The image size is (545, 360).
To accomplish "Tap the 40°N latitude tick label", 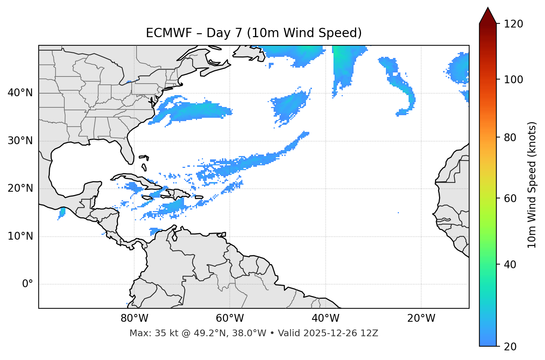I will click(20, 93).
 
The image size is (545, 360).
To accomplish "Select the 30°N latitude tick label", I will click(20, 141).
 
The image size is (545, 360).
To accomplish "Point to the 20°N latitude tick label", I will click(20, 188).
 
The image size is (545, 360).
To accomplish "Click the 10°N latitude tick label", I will click(20, 236).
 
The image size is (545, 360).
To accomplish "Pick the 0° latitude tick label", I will click(28, 284).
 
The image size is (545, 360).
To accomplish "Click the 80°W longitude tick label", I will click(134, 318).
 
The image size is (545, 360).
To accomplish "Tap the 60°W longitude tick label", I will click(230, 318).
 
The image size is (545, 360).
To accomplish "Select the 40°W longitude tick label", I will click(325, 318).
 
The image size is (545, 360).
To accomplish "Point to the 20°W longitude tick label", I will click(421, 318).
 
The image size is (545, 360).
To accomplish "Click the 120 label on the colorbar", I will click(513, 24).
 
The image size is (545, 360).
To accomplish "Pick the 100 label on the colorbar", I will click(513, 80).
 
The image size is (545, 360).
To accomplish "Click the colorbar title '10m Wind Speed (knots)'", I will click(532, 185).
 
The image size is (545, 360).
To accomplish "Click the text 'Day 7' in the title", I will click(225, 33).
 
